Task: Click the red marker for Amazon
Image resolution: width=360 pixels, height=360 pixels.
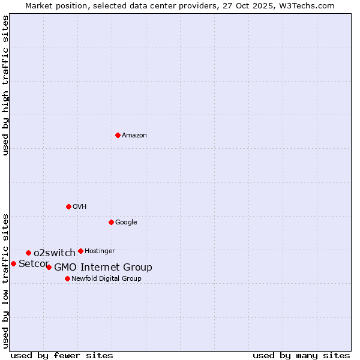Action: (x=118, y=135)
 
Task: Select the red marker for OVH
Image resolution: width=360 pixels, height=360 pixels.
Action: (x=68, y=206)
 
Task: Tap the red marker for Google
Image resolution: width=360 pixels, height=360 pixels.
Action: (x=111, y=222)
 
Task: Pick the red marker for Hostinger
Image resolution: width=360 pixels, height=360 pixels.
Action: (x=80, y=251)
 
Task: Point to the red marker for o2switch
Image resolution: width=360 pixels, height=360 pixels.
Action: (x=28, y=253)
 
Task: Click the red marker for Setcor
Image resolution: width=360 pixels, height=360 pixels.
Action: (x=13, y=263)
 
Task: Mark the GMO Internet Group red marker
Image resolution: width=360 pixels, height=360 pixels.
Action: (x=49, y=267)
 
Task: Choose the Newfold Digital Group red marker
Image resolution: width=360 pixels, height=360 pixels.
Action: (x=67, y=278)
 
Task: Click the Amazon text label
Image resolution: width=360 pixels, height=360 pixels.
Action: (x=134, y=135)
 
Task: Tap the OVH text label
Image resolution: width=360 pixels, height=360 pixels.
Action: (x=80, y=206)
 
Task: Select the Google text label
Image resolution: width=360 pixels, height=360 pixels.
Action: (x=126, y=222)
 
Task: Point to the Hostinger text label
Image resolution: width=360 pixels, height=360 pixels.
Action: (x=100, y=251)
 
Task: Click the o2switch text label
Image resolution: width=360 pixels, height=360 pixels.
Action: (x=55, y=253)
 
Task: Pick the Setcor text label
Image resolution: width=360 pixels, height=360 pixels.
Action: (x=34, y=263)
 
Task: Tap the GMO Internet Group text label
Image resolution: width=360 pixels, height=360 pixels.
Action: (x=103, y=267)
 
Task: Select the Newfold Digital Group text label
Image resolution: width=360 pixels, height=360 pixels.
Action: (x=106, y=278)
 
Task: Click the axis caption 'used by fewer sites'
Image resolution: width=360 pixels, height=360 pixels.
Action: (x=62, y=355)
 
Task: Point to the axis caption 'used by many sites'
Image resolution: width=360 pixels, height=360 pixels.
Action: (x=301, y=355)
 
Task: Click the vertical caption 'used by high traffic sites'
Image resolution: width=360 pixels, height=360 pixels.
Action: (x=5, y=85)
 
